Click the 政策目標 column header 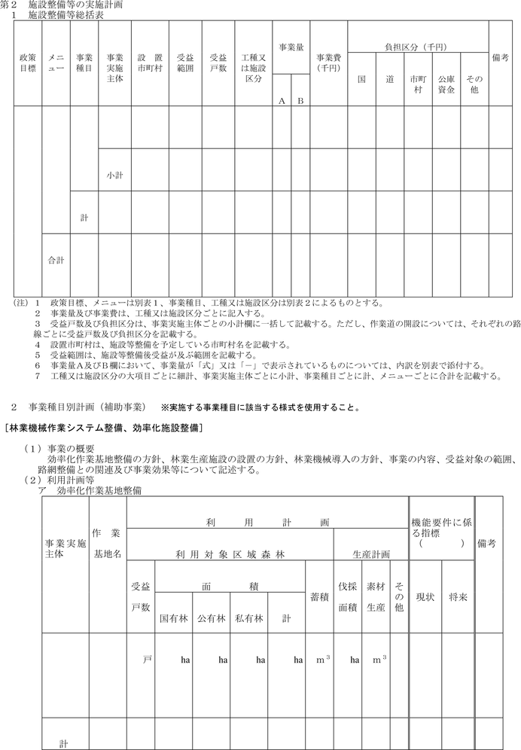pyautogui.click(x=27, y=62)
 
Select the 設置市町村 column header pyautogui.click(x=150, y=62)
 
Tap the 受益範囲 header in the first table pyautogui.click(x=185, y=62)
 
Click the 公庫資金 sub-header pyautogui.click(x=446, y=84)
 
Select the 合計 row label pyautogui.click(x=56, y=261)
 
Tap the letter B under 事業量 pyautogui.click(x=299, y=101)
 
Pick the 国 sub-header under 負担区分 pyautogui.click(x=361, y=79)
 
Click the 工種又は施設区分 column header pyautogui.click(x=253, y=62)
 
